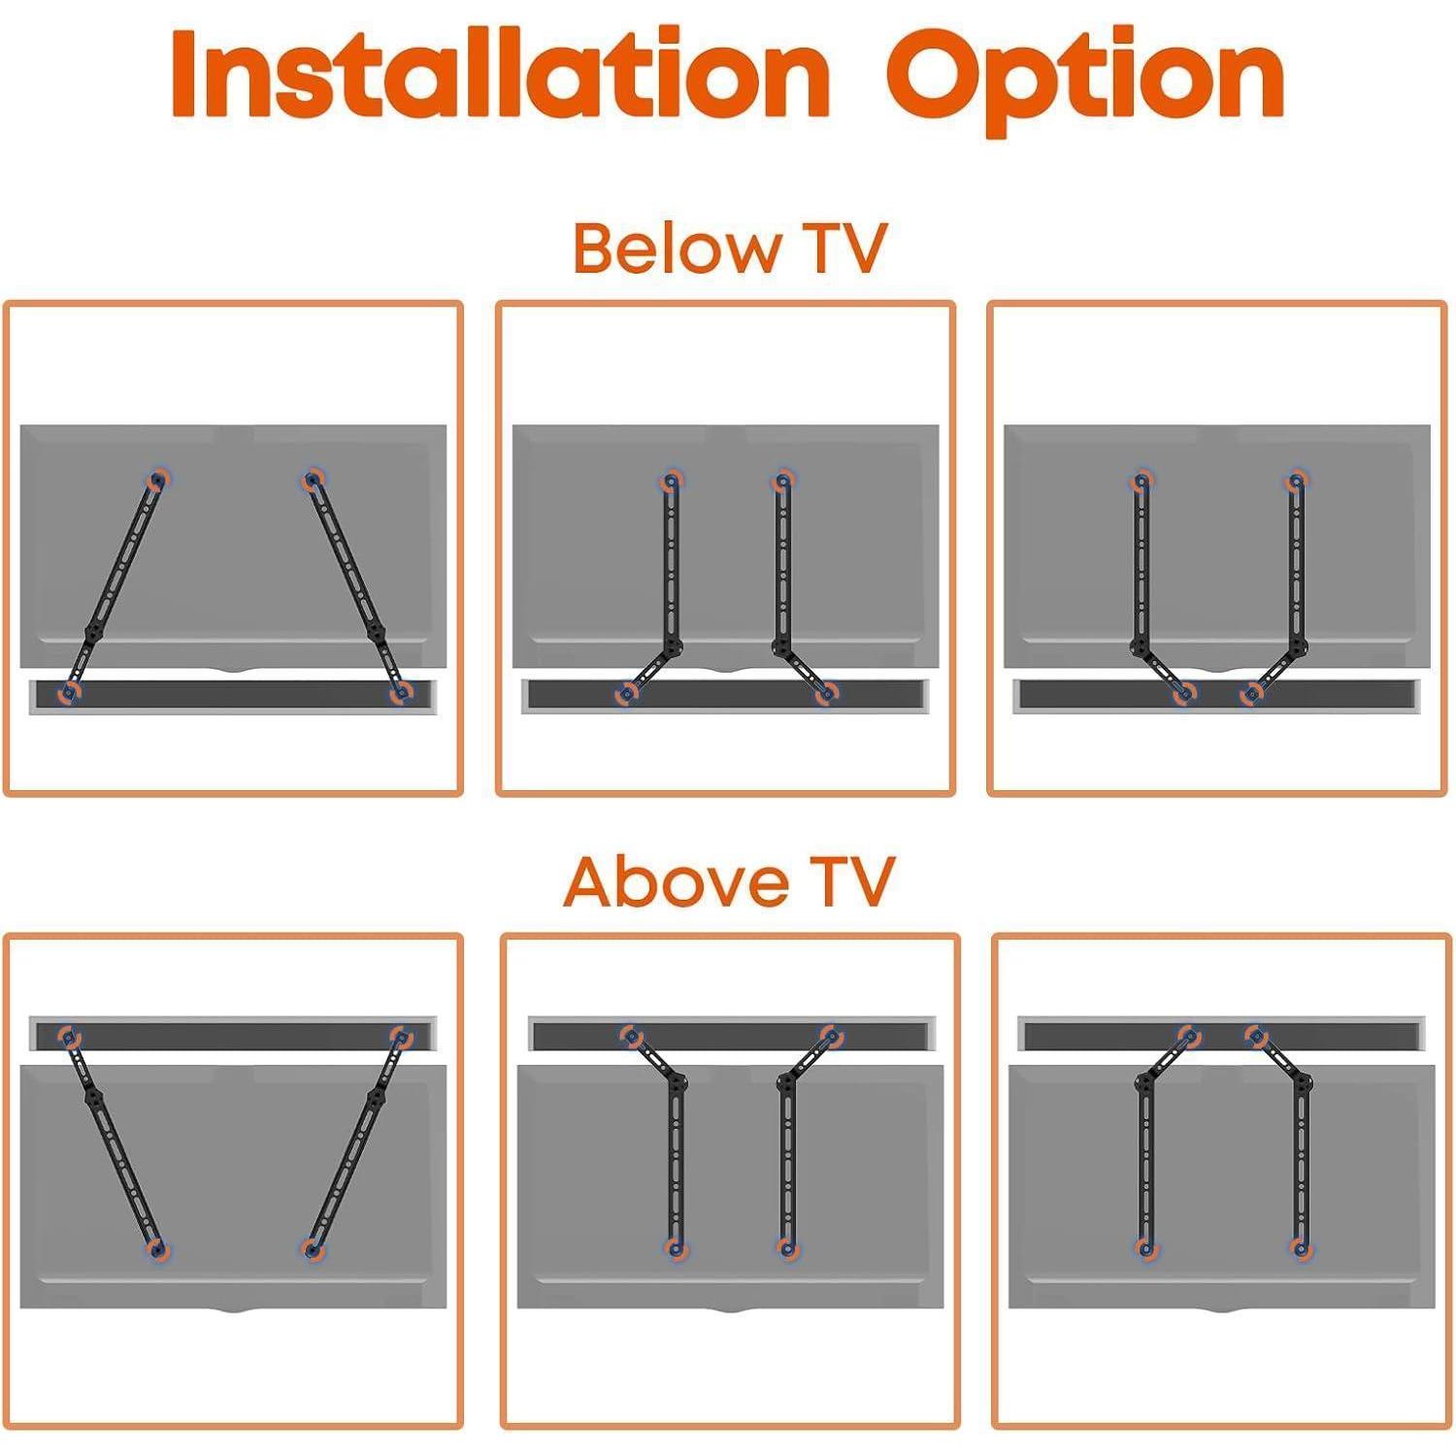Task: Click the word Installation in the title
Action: coord(500,74)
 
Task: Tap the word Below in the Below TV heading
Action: coord(676,248)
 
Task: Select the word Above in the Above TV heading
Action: coord(676,880)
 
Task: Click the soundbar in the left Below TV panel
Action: coord(233,696)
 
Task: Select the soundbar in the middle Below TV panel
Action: coord(725,696)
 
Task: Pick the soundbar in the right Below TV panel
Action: coord(1217,696)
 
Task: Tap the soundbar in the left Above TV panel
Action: coord(233,1033)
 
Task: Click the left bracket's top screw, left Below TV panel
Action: coord(157,480)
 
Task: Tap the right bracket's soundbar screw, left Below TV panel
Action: coord(399,692)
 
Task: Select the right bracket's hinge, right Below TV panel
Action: coord(1298,647)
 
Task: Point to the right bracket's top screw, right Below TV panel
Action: coord(1297,480)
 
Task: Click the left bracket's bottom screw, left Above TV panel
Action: coord(157,1250)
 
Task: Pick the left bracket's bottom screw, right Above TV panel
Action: coord(1146,1249)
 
